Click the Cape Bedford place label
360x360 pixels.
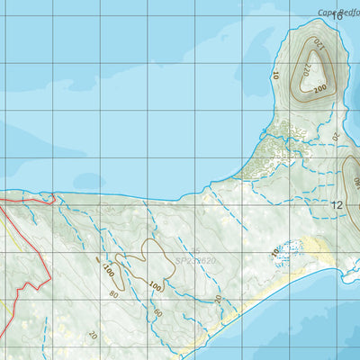pyautogui.click(x=338, y=13)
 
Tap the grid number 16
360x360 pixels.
pyautogui.click(x=337, y=15)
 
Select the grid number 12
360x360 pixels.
pyautogui.click(x=337, y=205)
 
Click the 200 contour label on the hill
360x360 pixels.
pyautogui.click(x=319, y=89)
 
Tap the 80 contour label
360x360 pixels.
pyautogui.click(x=113, y=294)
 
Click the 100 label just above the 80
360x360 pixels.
pyautogui.click(x=108, y=269)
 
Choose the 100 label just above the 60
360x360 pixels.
pyautogui.click(x=155, y=286)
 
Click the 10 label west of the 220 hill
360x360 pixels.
pyautogui.click(x=274, y=76)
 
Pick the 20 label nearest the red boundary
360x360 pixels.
pyautogui.click(x=93, y=334)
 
